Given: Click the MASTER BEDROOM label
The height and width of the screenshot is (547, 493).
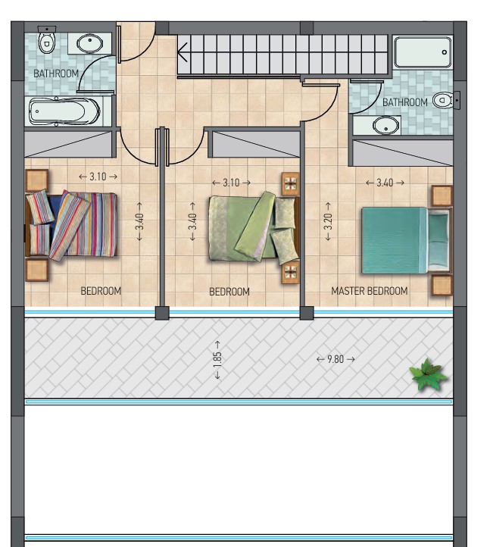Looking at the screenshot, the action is point(370,291).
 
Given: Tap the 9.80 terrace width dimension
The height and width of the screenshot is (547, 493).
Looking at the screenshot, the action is point(335,359).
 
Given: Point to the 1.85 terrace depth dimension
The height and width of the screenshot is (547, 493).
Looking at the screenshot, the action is point(217,360).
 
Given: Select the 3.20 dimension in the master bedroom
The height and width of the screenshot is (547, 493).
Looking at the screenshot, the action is point(328,221).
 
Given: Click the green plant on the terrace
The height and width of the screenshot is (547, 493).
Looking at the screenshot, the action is point(428,374).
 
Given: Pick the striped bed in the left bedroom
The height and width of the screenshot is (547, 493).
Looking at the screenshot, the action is point(71,225).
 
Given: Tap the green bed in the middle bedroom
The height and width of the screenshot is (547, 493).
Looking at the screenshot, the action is point(254,227).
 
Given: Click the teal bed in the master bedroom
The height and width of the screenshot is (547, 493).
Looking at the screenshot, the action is point(406,241).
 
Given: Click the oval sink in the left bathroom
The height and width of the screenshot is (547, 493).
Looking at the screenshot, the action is point(89,44).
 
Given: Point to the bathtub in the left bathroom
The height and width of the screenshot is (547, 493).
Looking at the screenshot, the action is point(64,111).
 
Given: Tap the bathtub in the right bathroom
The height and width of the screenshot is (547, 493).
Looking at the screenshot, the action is point(423,52).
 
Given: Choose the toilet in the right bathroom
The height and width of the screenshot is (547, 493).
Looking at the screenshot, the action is point(445,101).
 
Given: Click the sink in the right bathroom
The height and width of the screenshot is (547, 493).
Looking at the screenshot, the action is point(386,125).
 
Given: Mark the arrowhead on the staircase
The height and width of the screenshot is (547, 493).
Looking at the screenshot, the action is point(182,52).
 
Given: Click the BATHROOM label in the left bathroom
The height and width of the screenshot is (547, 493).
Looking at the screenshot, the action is point(56,73).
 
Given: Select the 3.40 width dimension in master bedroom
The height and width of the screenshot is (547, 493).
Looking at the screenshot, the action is point(385,183).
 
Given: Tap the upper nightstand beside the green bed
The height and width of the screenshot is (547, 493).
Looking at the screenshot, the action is point(291,183).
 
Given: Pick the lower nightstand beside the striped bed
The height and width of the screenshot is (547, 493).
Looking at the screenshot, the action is point(36,270).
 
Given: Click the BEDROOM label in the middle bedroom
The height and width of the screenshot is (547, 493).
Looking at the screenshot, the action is point(229,292).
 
